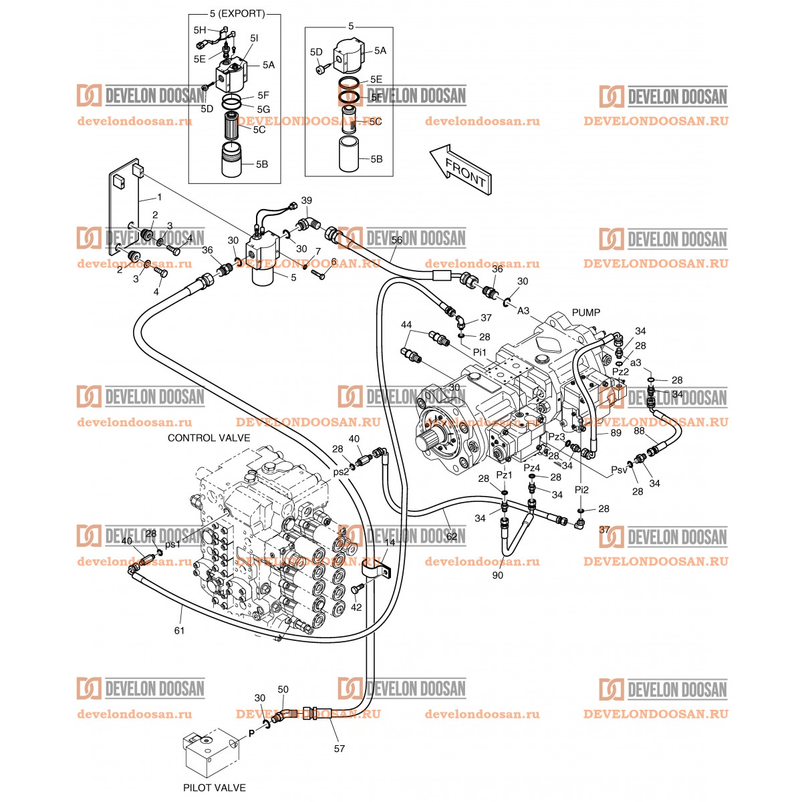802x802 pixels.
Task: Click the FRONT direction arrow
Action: [x=461, y=170]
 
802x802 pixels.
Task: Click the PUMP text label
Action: [x=586, y=312]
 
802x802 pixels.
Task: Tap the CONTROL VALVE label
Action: [x=209, y=438]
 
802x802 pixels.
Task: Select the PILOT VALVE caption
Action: [x=215, y=788]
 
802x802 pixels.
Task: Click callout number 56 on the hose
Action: [x=397, y=239]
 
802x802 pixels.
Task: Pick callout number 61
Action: [x=179, y=630]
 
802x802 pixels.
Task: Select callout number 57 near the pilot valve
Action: [x=340, y=749]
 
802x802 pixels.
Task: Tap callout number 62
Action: [x=452, y=535]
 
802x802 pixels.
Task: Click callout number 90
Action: [x=498, y=575]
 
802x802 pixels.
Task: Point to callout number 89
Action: [x=616, y=433]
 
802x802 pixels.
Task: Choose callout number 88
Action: [x=639, y=432]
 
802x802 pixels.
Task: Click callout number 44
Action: [x=406, y=325]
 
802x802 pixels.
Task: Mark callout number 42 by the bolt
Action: [x=356, y=607]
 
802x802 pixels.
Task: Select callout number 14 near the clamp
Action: [x=390, y=543]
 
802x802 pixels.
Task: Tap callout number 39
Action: [x=307, y=200]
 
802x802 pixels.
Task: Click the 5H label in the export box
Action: [x=200, y=30]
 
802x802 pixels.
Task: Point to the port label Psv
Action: [x=619, y=470]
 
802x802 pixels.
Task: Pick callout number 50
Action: [x=283, y=689]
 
